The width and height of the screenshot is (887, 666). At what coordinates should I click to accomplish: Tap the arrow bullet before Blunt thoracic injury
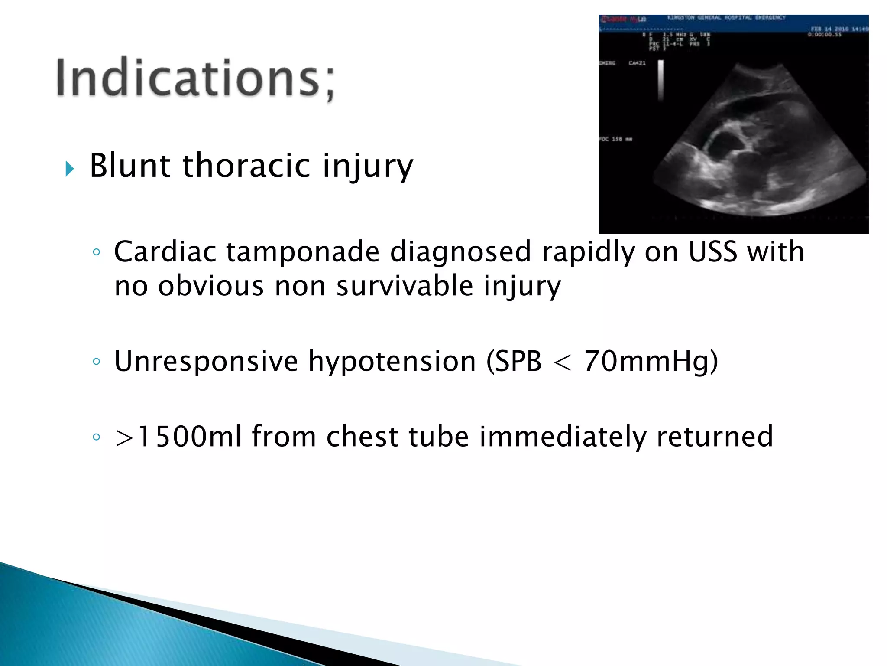(70, 169)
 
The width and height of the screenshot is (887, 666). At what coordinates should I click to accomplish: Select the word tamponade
(302, 252)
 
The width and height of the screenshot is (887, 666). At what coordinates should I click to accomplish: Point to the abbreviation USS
(712, 252)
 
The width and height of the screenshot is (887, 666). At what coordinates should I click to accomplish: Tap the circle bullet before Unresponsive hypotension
(97, 361)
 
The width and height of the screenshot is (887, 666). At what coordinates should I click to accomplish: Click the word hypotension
(392, 361)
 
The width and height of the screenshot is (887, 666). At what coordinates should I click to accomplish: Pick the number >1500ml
(178, 437)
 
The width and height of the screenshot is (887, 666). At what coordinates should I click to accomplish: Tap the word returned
(715, 437)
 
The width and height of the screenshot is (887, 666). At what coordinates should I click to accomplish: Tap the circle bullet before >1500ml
(97, 437)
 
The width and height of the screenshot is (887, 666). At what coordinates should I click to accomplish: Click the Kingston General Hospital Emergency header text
(726, 18)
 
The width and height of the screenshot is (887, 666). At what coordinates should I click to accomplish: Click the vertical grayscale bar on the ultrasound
(661, 80)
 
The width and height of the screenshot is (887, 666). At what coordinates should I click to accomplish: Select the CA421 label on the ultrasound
(637, 63)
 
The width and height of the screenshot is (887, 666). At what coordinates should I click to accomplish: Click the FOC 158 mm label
(615, 139)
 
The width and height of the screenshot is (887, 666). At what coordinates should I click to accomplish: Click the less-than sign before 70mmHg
(563, 362)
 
